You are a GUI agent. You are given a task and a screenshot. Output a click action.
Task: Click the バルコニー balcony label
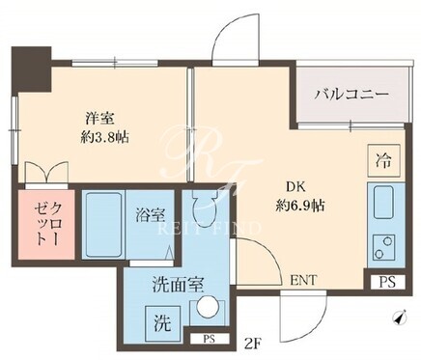coord(352,95)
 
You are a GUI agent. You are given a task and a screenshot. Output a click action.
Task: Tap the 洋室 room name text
coord(99,119)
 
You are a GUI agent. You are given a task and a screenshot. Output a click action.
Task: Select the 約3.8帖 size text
coord(104,137)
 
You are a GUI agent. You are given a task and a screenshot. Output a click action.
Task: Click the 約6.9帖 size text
coord(299,205)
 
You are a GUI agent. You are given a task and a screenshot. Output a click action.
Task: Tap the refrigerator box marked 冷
coord(383,160)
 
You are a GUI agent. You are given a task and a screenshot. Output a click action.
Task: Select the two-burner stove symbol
coord(383,247)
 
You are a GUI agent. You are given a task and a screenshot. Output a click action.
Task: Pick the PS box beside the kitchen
coord(387,282)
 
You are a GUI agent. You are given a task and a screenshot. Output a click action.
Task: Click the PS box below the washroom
coord(210,339)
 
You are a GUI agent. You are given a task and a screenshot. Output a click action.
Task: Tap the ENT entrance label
coord(303,280)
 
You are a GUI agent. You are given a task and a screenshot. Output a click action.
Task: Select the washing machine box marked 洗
coord(161,322)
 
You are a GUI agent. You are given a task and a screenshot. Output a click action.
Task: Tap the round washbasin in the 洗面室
coord(207,306)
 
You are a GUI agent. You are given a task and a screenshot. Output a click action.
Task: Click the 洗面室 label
coord(178,285)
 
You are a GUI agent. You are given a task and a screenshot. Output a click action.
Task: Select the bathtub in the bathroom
coord(103,224)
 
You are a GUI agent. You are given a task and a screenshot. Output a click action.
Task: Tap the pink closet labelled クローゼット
coord(46,224)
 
